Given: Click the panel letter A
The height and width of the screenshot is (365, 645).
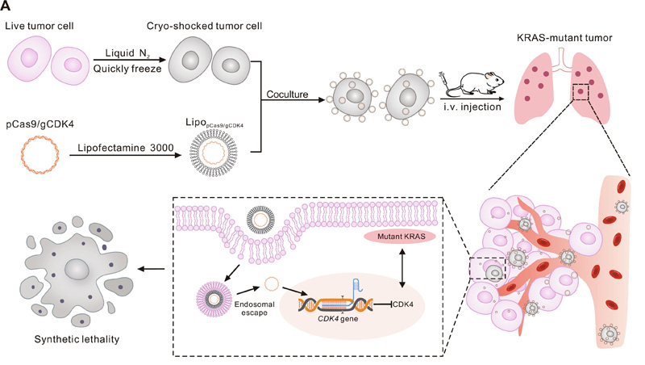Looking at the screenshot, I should point(6,7).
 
